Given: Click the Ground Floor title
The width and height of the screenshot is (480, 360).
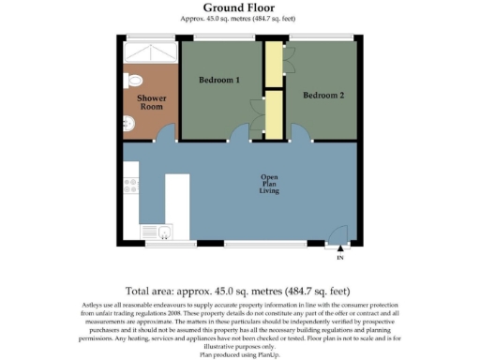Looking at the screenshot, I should point(239,8).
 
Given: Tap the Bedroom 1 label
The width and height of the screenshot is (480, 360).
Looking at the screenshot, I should point(219,80).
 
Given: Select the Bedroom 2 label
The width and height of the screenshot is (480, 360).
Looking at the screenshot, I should point(322,95).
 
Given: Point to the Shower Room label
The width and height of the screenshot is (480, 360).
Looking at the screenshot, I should point(151,102).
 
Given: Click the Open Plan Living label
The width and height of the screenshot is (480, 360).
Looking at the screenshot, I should point(269,184).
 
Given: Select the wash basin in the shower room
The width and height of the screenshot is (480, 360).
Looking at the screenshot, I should point(128,123).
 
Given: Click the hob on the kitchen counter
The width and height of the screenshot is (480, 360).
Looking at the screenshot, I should point(131,185).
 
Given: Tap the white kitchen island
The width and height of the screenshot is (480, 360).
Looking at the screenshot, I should point(177,204).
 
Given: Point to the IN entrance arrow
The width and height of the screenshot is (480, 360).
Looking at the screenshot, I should point(339,250).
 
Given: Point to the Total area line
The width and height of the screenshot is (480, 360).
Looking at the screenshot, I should point(239,291).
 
